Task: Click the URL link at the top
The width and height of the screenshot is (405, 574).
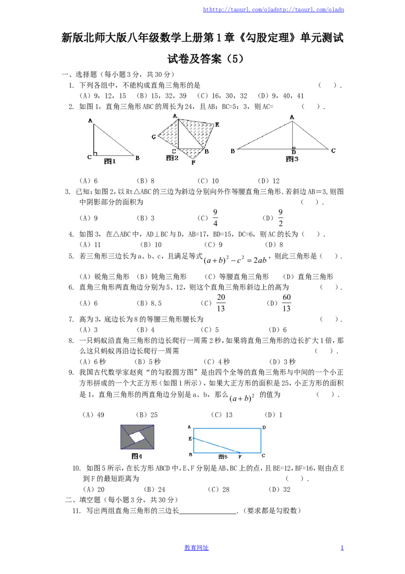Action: click(x=273, y=10)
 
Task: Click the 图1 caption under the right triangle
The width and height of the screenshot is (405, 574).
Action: click(x=110, y=161)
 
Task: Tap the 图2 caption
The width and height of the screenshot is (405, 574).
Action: click(x=172, y=158)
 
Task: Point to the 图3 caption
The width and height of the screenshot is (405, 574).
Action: click(x=292, y=159)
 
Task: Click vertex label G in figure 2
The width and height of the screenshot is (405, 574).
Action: click(x=153, y=137)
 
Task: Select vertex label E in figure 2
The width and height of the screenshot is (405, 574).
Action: click(x=217, y=125)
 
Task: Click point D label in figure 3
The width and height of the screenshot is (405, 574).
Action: click(x=294, y=152)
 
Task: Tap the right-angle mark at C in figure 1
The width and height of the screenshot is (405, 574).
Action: click(x=95, y=154)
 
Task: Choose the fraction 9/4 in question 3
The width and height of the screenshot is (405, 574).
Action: click(x=215, y=218)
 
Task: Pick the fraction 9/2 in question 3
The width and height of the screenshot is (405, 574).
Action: click(x=280, y=218)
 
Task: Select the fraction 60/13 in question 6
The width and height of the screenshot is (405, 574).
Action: click(x=287, y=303)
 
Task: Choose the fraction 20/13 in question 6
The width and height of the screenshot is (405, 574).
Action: click(x=221, y=303)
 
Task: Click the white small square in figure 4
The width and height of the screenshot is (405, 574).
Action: click(x=137, y=437)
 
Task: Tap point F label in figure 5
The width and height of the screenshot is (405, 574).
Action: click(x=240, y=457)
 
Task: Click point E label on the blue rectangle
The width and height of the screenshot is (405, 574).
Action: click(x=190, y=439)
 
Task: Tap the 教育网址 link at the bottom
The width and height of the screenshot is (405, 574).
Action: click(x=196, y=548)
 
